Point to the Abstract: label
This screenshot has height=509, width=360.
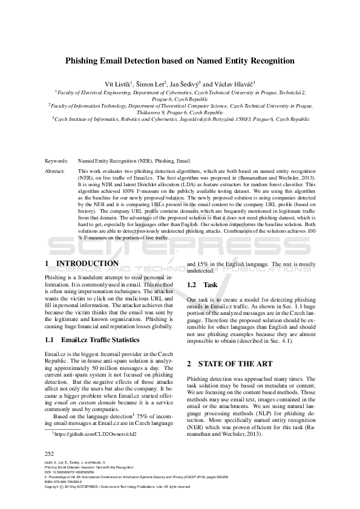[56, 172]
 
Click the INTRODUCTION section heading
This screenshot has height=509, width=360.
[82, 264]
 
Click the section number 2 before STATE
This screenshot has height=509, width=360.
[189, 364]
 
